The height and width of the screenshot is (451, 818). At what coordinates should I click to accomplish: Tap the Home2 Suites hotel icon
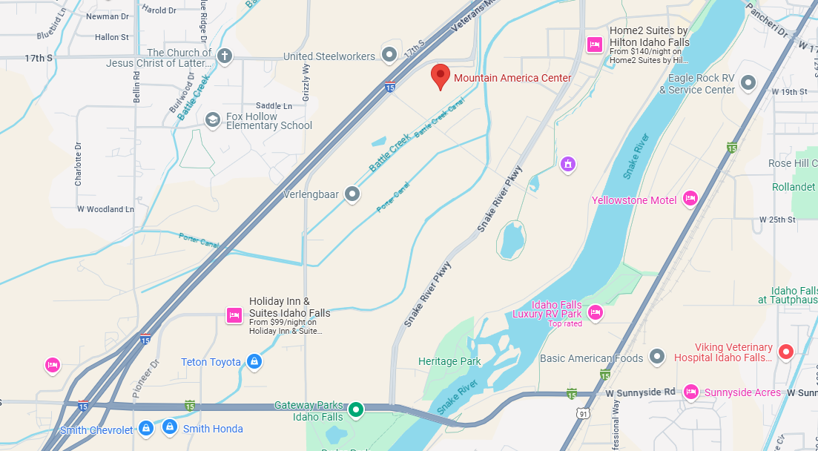pyautogui.click(x=594, y=45)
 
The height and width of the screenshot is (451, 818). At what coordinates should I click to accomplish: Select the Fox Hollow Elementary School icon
pyautogui.click(x=213, y=120)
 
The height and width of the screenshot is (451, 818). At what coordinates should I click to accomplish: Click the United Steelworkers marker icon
pyautogui.click(x=389, y=53)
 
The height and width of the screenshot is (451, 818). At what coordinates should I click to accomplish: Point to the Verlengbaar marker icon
pyautogui.click(x=352, y=194)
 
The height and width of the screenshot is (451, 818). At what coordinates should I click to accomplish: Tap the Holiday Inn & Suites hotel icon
pyautogui.click(x=234, y=315)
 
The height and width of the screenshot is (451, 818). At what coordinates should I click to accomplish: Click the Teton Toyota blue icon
pyautogui.click(x=254, y=362)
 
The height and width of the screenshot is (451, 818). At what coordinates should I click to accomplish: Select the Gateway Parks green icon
pyautogui.click(x=356, y=409)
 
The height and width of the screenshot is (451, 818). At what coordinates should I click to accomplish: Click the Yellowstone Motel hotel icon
pyautogui.click(x=690, y=197)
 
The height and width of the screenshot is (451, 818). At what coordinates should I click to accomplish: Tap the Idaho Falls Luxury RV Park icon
pyautogui.click(x=595, y=313)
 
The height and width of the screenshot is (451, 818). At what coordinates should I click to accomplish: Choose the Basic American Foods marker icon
pyautogui.click(x=656, y=358)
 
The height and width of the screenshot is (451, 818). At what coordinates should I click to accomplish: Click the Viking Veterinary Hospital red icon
pyautogui.click(x=785, y=351)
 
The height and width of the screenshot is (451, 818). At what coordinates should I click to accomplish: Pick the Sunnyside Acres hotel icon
pyautogui.click(x=690, y=392)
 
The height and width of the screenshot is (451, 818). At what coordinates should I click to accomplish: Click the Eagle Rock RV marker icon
pyautogui.click(x=748, y=82)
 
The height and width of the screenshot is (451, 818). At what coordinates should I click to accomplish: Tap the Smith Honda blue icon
pyautogui.click(x=170, y=428)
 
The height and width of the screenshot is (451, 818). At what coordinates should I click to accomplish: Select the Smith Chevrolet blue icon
pyautogui.click(x=147, y=428)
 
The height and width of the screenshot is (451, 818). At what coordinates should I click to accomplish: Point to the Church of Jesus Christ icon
pyautogui.click(x=224, y=56)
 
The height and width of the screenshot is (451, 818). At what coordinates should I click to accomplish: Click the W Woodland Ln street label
pyautogui.click(x=105, y=209)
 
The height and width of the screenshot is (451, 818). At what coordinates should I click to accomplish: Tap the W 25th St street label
pyautogui.click(x=777, y=220)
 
